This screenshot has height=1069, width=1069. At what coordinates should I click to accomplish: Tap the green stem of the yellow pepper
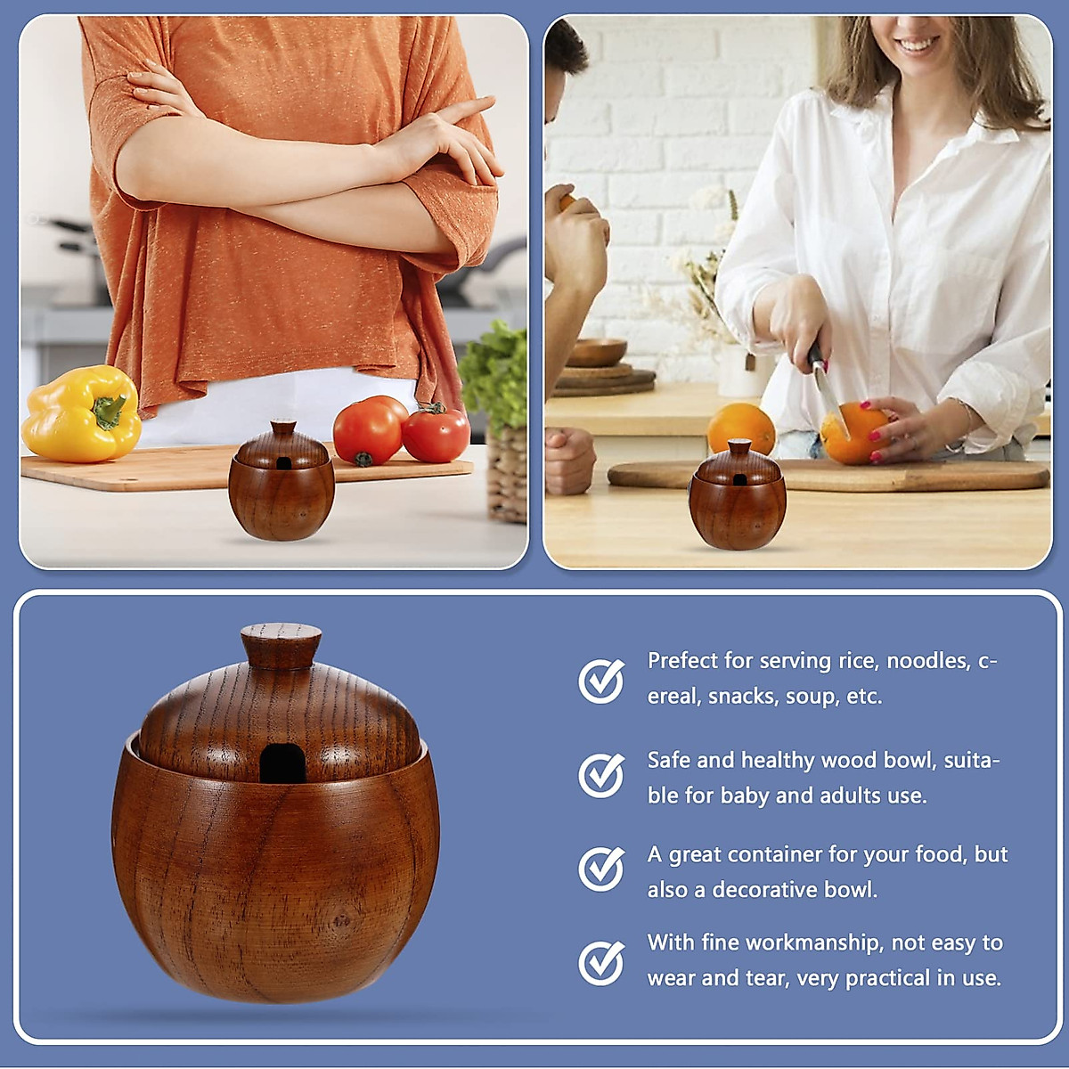tap(110, 412)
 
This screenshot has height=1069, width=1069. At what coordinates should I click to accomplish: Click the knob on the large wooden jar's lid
tap(282, 645)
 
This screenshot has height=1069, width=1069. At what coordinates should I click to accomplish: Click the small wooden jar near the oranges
tap(738, 499)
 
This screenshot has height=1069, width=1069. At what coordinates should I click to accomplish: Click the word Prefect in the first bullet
tap(682, 661)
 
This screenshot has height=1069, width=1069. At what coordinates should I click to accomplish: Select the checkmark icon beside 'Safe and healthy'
tap(601, 774)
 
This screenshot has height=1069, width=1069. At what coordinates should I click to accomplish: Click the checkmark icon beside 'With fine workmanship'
tap(601, 962)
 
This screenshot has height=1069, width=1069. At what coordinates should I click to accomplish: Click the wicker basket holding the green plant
tap(507, 472)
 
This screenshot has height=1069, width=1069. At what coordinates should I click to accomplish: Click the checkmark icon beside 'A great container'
tap(601, 869)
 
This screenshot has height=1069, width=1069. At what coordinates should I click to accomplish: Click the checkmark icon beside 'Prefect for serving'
tap(601, 681)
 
